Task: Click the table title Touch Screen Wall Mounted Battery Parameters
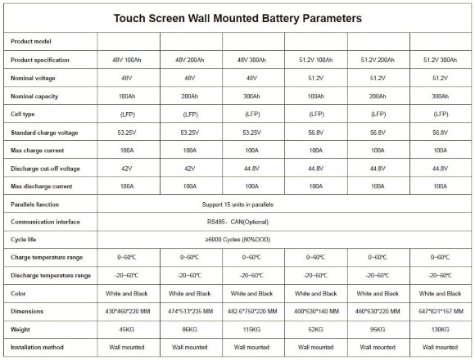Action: (237, 17)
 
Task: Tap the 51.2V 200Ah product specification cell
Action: (378, 60)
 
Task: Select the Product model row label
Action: (31, 41)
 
